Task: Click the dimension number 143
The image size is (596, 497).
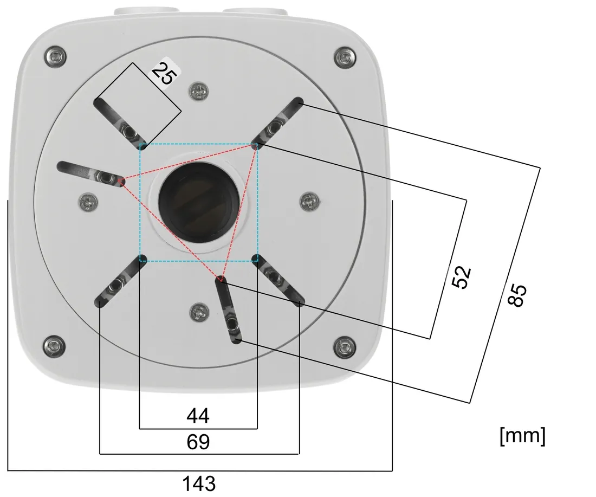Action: click(199, 483)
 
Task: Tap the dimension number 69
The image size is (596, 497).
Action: click(198, 442)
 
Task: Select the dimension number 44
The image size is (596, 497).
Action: click(198, 416)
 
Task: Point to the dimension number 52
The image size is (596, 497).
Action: click(462, 277)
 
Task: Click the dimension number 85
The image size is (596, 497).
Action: click(517, 294)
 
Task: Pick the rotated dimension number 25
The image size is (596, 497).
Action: click(164, 73)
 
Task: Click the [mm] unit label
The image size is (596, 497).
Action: click(523, 435)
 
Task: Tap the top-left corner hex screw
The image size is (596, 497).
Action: click(55, 56)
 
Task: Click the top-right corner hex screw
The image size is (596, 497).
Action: click(345, 57)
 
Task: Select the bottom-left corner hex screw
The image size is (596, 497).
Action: click(54, 346)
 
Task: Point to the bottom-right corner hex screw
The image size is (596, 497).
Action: click(345, 347)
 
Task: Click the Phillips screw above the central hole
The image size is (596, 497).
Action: click(199, 91)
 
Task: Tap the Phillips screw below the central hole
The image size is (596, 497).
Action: click(199, 313)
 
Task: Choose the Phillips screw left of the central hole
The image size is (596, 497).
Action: click(88, 202)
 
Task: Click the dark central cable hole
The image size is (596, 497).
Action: click(198, 202)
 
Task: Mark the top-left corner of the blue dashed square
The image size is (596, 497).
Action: click(140, 144)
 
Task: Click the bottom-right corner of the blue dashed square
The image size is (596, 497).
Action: click(257, 261)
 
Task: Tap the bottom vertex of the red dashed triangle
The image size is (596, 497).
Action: click(221, 281)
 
